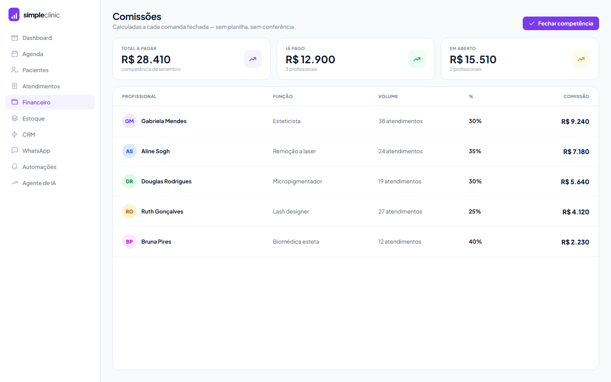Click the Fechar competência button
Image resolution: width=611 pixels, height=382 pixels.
(561, 23)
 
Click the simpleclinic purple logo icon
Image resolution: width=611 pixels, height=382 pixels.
(14, 14)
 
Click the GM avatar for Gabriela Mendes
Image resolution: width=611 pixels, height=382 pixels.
(129, 121)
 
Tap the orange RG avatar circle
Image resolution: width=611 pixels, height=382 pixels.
(129, 211)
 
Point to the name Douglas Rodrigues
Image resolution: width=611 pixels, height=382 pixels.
(166, 182)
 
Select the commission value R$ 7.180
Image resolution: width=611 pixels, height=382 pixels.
(576, 152)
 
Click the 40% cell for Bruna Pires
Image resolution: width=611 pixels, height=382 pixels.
(475, 242)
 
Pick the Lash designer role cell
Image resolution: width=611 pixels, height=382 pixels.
(291, 212)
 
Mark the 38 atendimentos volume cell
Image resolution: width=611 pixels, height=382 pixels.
(401, 121)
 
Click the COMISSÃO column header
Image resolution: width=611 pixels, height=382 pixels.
(576, 96)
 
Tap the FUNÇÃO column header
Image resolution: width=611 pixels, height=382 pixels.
(283, 96)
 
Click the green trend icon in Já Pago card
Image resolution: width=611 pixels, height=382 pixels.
(417, 59)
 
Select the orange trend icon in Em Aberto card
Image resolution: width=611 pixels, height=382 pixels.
(581, 59)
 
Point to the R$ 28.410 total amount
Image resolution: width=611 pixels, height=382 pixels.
(146, 59)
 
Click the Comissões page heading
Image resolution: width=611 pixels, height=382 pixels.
(137, 17)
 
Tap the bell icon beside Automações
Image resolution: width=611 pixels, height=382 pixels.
(15, 167)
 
